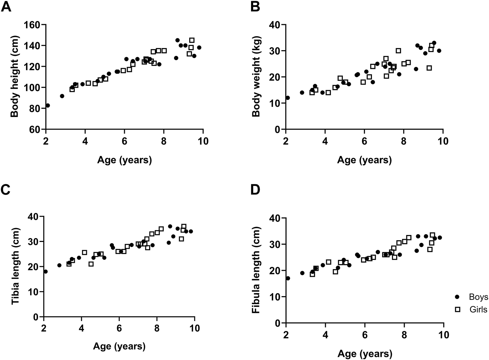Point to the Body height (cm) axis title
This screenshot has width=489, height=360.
[x=14, y=77]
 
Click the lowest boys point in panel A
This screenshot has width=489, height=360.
[x=48, y=105]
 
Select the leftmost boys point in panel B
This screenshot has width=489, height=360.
[x=288, y=98]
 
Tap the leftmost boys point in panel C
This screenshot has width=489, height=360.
[x=45, y=271]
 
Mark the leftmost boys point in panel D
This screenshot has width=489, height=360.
[x=288, y=278]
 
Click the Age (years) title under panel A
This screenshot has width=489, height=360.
[x=124, y=160]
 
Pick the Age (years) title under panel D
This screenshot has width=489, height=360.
[x=365, y=354]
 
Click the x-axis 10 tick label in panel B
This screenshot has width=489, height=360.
[x=443, y=141]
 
